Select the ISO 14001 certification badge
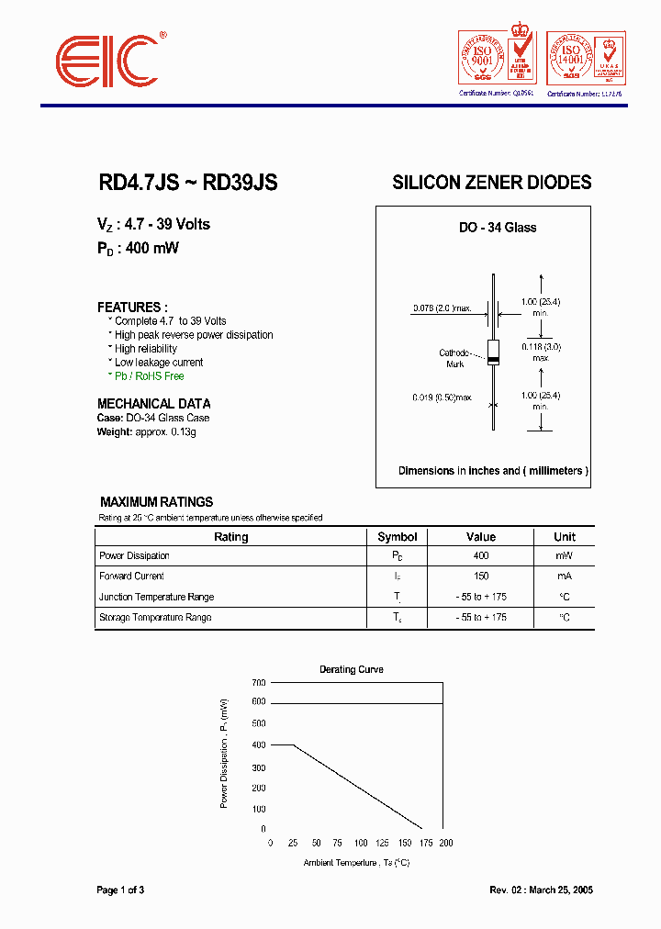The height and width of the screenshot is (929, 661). click(x=585, y=60)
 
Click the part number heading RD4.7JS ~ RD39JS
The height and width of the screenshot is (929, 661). click(x=187, y=183)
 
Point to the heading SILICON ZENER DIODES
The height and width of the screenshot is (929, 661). click(x=491, y=183)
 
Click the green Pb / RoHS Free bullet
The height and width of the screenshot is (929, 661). click(x=149, y=376)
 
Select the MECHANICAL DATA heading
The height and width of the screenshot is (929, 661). click(x=153, y=404)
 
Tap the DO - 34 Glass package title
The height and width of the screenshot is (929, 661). click(x=498, y=228)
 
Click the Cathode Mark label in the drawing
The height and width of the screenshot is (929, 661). click(x=454, y=358)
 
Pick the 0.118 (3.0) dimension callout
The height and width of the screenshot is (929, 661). click(x=541, y=347)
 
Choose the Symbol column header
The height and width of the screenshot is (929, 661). click(x=398, y=537)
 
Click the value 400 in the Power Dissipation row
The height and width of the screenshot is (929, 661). click(x=480, y=556)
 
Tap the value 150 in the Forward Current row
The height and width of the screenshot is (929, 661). click(x=480, y=576)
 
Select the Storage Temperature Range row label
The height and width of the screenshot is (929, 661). click(x=155, y=618)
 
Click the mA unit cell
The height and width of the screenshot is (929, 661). click(x=564, y=576)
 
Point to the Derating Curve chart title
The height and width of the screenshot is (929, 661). click(x=351, y=669)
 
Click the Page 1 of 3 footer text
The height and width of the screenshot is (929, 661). click(x=120, y=890)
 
